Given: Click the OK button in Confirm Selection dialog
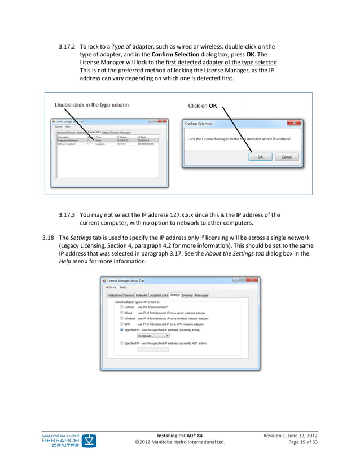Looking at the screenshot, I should click(260, 157).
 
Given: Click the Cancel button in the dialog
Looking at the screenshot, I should click(287, 157).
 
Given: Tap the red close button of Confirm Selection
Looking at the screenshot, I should click(294, 123).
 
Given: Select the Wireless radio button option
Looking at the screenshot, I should click(121, 318).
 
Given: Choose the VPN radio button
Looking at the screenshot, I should click(121, 324).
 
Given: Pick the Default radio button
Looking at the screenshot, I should click(121, 306).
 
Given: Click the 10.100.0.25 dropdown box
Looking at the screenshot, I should click(153, 336).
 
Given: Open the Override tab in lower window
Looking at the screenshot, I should click(187, 295).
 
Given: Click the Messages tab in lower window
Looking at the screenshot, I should click(201, 295).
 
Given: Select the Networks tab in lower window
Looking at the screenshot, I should click(141, 295).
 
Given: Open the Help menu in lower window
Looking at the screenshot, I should click(123, 287).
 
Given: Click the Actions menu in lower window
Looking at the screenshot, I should click(111, 287).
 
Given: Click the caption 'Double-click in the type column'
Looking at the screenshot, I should click(91, 105).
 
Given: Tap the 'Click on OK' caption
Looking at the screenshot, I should click(203, 105).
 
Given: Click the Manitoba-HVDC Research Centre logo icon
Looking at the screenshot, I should click(89, 441).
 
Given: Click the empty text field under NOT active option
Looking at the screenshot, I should click(153, 349).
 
